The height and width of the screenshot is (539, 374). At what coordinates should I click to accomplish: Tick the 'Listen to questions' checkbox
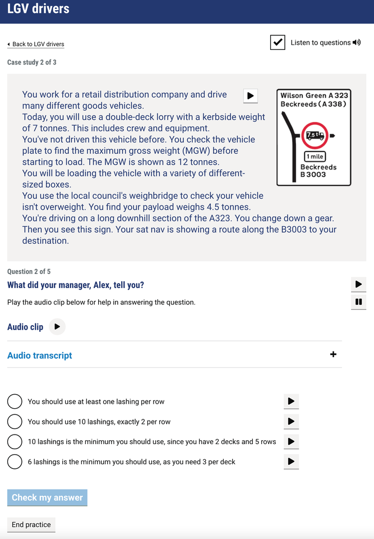[x=278, y=43]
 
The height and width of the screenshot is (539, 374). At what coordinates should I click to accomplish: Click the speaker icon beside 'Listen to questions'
[x=357, y=43]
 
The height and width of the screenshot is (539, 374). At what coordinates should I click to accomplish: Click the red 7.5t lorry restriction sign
[x=315, y=135]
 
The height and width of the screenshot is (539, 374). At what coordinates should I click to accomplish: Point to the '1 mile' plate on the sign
[x=315, y=157]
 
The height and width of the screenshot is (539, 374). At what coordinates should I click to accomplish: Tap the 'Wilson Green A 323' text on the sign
[x=314, y=96]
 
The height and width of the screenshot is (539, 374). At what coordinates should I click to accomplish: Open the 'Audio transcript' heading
[x=40, y=355]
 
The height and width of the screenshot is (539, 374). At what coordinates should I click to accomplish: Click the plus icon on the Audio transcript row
[x=333, y=354]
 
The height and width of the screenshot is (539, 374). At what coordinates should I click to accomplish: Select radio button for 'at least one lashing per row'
[x=15, y=401]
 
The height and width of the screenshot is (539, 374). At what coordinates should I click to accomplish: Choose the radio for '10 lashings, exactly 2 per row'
[x=15, y=422]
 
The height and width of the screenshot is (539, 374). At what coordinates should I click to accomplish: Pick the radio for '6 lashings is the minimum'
[x=15, y=462]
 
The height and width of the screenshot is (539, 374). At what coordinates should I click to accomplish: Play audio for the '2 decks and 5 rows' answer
[x=291, y=442]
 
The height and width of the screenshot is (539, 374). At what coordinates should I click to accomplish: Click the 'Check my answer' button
[x=47, y=497]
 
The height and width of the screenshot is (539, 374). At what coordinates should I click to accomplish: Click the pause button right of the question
[x=358, y=302]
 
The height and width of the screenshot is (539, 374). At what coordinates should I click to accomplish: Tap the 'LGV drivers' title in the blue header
[x=38, y=9]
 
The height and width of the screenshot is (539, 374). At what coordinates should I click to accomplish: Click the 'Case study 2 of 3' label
[x=32, y=62]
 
